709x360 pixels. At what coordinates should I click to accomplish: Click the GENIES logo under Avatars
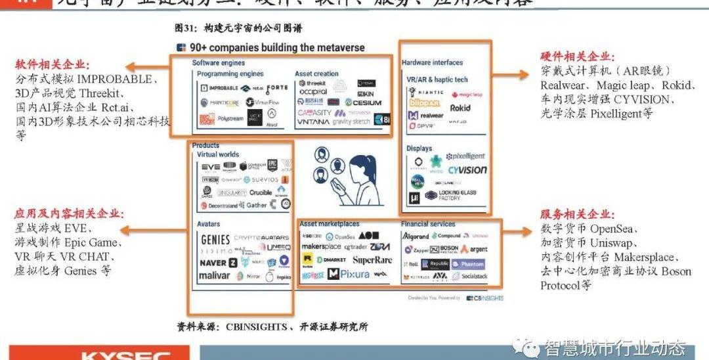pyautogui.click(x=215, y=239)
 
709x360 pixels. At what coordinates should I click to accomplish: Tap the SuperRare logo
pyautogui.click(x=372, y=261)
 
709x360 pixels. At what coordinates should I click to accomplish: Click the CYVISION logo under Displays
pyautogui.click(x=467, y=169)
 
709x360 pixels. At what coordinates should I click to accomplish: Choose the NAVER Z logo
pyautogui.click(x=219, y=262)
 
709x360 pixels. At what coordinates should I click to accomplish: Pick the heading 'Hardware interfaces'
pyautogui.click(x=432, y=62)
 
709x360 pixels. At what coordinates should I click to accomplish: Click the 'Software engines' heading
pyautogui.click(x=218, y=63)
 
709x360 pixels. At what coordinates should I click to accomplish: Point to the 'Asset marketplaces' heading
pyautogui.click(x=330, y=224)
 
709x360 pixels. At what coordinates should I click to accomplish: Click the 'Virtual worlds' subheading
pyautogui.click(x=218, y=154)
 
